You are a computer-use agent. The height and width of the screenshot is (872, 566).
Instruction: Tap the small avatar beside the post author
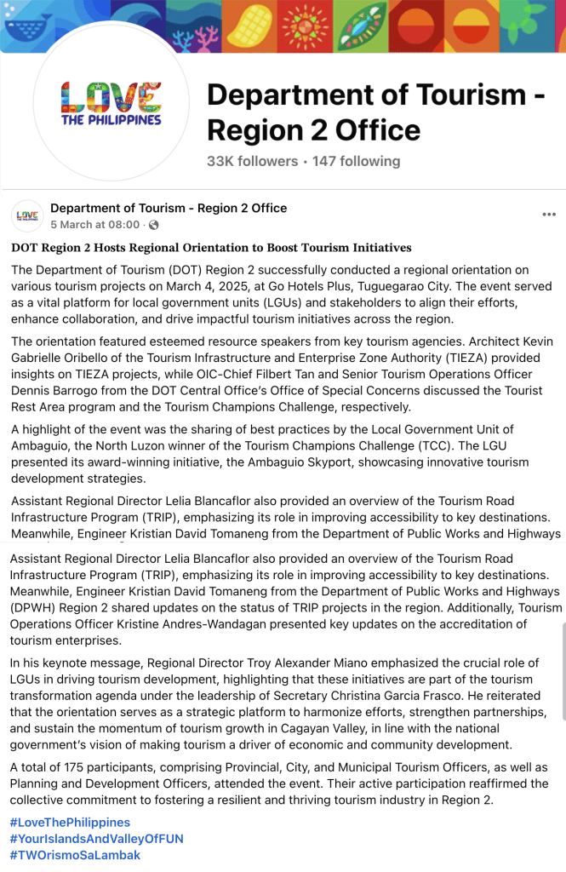(28, 215)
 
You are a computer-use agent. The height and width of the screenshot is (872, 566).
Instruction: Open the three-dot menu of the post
(549, 215)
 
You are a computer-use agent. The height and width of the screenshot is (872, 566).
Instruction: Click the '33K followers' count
(252, 161)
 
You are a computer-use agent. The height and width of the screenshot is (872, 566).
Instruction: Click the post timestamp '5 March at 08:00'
(94, 225)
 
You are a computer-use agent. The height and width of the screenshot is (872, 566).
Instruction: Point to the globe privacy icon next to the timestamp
(153, 226)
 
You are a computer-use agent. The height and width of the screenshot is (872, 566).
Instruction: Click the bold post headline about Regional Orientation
(211, 248)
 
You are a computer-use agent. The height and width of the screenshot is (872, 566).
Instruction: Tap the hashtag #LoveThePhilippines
(70, 823)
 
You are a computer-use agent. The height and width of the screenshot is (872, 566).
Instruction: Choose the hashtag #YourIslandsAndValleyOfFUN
(96, 839)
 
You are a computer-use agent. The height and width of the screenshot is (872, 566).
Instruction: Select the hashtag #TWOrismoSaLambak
(75, 855)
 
